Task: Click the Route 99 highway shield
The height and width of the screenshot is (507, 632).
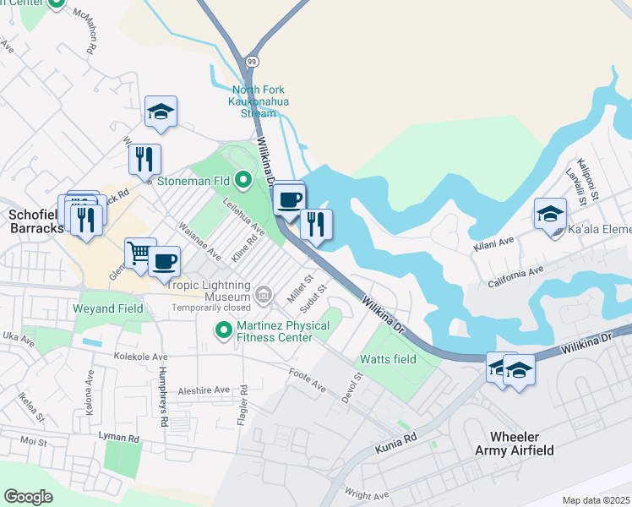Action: tap(252, 62)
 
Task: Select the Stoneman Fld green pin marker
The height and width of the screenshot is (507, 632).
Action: tap(243, 179)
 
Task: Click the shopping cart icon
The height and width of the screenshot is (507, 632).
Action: tap(139, 253)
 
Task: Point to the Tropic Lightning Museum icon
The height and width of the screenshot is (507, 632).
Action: tap(264, 294)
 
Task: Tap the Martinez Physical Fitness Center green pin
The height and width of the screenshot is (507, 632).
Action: tap(224, 330)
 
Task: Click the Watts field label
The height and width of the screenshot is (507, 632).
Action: tap(388, 359)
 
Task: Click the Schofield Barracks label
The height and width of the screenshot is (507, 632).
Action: tap(32, 221)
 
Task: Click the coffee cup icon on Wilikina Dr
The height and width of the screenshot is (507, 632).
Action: tap(289, 199)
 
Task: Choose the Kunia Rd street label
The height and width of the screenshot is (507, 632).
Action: tap(398, 439)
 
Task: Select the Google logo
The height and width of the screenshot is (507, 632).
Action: tap(29, 497)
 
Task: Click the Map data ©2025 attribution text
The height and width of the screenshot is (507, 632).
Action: tap(596, 500)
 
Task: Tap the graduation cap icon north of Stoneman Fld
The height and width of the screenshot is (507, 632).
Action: tap(161, 112)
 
